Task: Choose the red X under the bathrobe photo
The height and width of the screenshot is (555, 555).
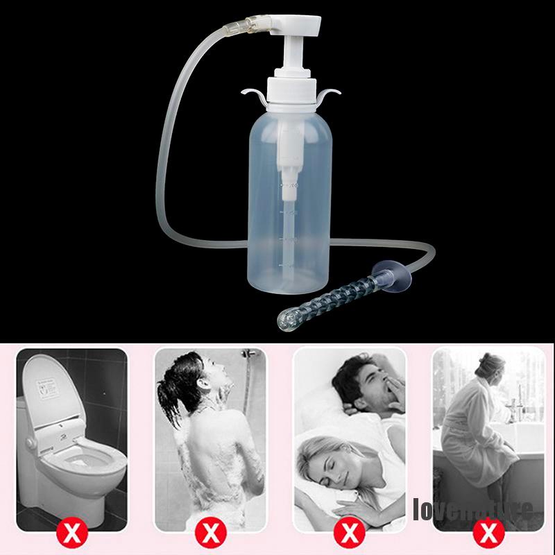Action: tap(489, 533)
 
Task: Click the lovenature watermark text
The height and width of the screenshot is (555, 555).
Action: tap(472, 510)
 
